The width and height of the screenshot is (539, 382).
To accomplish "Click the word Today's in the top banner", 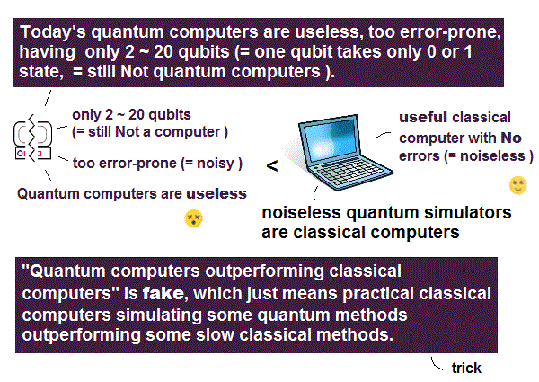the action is [53, 32].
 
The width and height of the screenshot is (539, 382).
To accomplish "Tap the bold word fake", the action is [163, 293].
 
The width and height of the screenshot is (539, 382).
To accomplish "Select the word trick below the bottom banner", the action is [466, 368].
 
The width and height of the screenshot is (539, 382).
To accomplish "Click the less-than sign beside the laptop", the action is [272, 166].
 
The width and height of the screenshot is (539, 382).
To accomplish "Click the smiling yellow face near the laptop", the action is [517, 185].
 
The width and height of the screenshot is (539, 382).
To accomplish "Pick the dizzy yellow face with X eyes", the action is [193, 218].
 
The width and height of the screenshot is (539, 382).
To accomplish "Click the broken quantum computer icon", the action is [32, 138].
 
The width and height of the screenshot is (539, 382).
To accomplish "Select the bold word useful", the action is [422, 118].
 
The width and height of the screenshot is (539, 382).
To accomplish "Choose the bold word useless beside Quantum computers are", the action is [216, 193].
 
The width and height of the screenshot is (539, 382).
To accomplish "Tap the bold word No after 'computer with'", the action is [511, 138].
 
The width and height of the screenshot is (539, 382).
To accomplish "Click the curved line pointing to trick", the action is [436, 364].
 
